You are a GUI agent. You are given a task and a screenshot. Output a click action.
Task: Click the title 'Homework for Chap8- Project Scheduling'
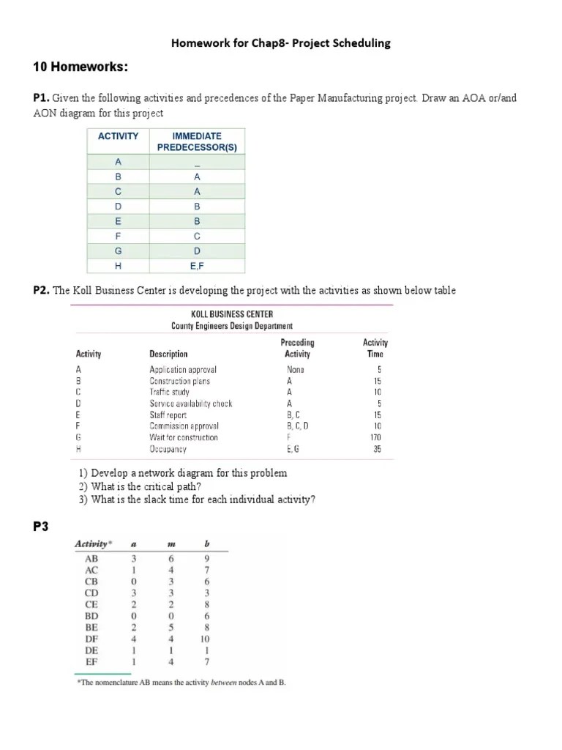(280, 43)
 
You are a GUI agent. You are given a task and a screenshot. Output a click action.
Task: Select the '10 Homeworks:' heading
(80, 68)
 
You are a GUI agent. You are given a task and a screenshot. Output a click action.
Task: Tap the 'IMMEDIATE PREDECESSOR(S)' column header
(196, 141)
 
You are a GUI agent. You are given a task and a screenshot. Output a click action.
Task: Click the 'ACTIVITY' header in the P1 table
(118, 136)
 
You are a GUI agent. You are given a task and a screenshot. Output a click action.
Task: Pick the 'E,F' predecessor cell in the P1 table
(196, 267)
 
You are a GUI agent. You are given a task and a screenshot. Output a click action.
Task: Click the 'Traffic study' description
(169, 393)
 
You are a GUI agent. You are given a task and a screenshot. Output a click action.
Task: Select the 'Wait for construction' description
(183, 437)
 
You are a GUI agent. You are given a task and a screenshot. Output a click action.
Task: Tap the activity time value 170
(375, 437)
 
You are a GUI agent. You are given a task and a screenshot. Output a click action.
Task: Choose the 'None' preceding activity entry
(296, 370)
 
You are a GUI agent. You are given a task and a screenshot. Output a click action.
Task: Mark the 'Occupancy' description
(168, 449)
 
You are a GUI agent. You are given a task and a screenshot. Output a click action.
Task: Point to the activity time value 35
(377, 449)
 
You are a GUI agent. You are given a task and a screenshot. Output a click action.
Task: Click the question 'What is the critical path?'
(140, 487)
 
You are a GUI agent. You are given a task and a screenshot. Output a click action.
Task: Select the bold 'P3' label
(41, 527)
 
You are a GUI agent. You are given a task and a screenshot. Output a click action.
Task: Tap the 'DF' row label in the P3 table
(91, 638)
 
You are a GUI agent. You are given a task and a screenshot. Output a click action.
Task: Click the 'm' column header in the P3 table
(170, 544)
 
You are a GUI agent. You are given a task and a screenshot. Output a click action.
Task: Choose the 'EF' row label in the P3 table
(91, 661)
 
